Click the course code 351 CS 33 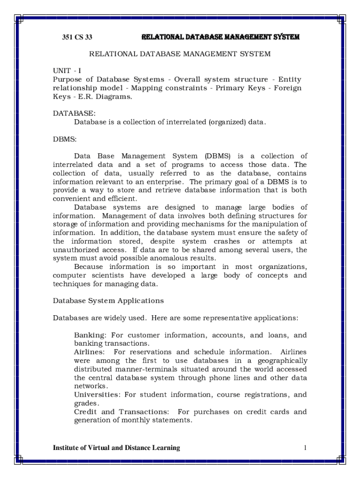tap(78, 37)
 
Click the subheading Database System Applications tap(108, 300)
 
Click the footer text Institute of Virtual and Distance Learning tap(116, 448)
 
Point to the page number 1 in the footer tap(305, 448)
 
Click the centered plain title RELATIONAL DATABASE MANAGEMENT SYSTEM tap(180, 54)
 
